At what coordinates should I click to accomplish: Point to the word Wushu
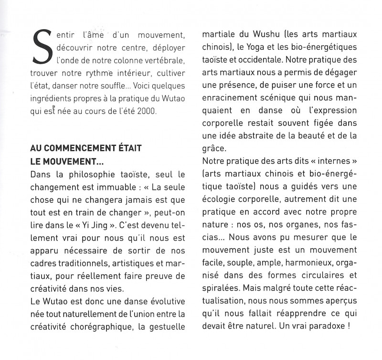(x=258, y=36)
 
